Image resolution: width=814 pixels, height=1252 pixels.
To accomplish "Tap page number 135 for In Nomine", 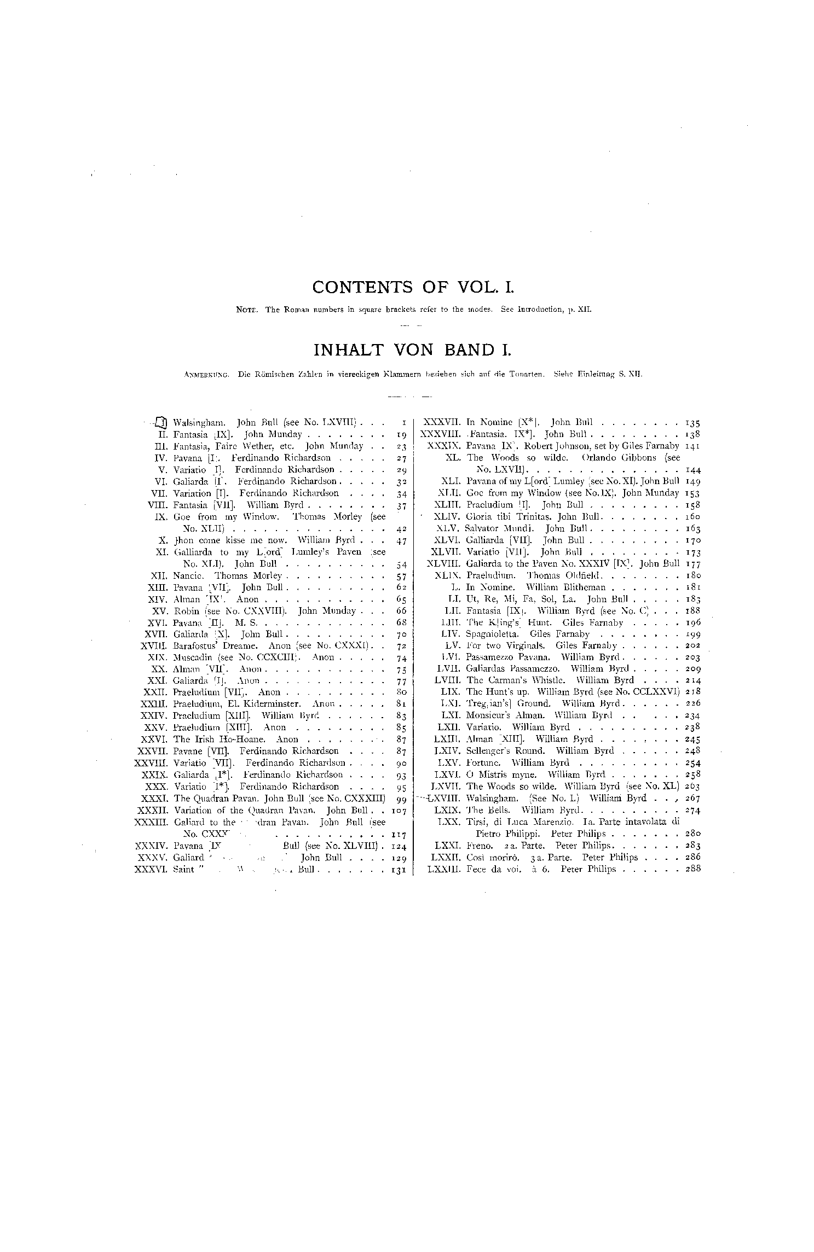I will tap(692, 423).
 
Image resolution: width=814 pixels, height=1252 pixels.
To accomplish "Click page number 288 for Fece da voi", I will tap(692, 869).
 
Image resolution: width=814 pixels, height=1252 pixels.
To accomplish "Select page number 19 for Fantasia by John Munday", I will tap(402, 434).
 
